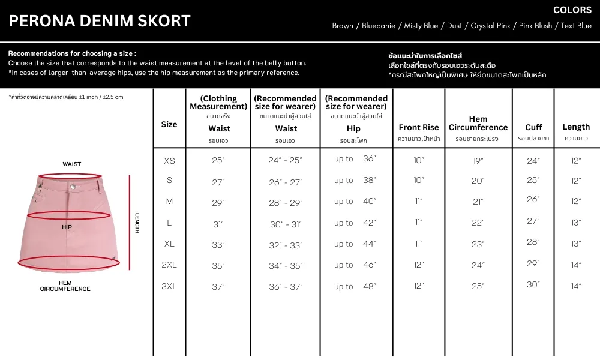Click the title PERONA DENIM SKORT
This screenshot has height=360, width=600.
tap(100, 21)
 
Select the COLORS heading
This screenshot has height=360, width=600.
tap(572, 10)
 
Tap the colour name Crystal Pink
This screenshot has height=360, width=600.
tap(490, 26)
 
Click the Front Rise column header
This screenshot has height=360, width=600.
tap(419, 127)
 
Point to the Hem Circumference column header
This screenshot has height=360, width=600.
tap(478, 123)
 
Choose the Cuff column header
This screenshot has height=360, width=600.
tap(533, 127)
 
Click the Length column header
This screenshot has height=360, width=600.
tap(576, 127)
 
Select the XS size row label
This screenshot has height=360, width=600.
tap(169, 161)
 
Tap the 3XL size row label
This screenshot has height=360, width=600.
tap(169, 286)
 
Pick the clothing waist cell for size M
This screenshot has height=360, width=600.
tap(218, 203)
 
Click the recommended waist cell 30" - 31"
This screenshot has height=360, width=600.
tap(286, 224)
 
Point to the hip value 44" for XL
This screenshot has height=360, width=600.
tap(369, 244)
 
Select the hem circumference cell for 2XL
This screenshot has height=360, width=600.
tap(478, 265)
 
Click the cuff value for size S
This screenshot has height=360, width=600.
tap(533, 180)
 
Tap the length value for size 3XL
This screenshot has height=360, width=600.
tap(576, 286)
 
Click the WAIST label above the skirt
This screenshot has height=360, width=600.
tap(72, 164)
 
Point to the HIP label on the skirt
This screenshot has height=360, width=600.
tap(67, 227)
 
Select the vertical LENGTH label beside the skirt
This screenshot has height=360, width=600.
tap(137, 223)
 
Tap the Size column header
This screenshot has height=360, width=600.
tap(169, 124)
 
